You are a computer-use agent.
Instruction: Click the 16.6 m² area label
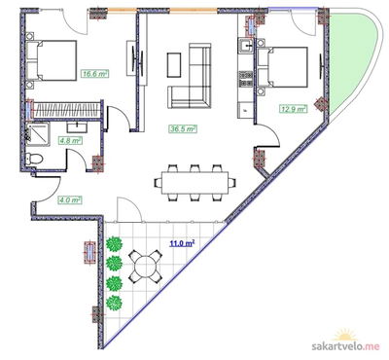[x=95, y=74]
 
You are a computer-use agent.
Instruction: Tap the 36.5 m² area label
[x=183, y=128]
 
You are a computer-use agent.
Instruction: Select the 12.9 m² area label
[x=294, y=109]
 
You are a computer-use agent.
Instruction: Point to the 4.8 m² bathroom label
[x=70, y=141]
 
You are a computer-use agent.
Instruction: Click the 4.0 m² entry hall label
[x=70, y=200]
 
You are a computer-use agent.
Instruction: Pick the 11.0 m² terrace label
[x=182, y=243]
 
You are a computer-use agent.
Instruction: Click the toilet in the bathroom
[x=34, y=159]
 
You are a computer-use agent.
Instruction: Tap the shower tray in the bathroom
[x=38, y=133]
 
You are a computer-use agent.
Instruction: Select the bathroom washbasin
[x=77, y=126]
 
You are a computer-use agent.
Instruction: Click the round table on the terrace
[x=145, y=265]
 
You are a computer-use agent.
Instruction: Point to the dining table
[x=194, y=183]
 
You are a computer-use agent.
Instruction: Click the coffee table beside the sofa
[x=174, y=65]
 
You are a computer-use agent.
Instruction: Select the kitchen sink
[x=247, y=45]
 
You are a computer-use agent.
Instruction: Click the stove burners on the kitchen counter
[x=246, y=80]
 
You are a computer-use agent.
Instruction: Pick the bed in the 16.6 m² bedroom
[x=52, y=60]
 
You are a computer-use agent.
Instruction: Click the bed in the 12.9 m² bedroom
[x=282, y=67]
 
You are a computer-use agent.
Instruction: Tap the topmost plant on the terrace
[x=114, y=244]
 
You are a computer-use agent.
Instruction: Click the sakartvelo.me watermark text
[x=345, y=345]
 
